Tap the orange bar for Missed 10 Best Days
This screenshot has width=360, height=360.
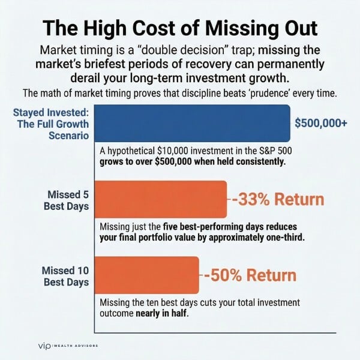coord(147,275)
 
